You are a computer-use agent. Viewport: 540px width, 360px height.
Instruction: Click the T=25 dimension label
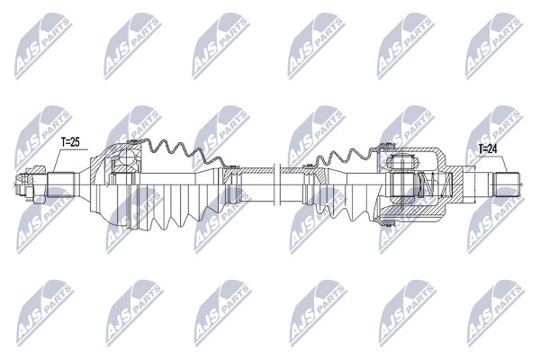pyautogui.click(x=70, y=142)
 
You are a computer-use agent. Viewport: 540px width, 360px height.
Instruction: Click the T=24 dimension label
pyautogui.click(x=489, y=148)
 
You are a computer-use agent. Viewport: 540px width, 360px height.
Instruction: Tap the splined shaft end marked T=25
pyautogui.click(x=60, y=184)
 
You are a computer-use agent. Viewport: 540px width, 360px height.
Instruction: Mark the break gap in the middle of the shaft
pyautogui.click(x=277, y=184)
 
